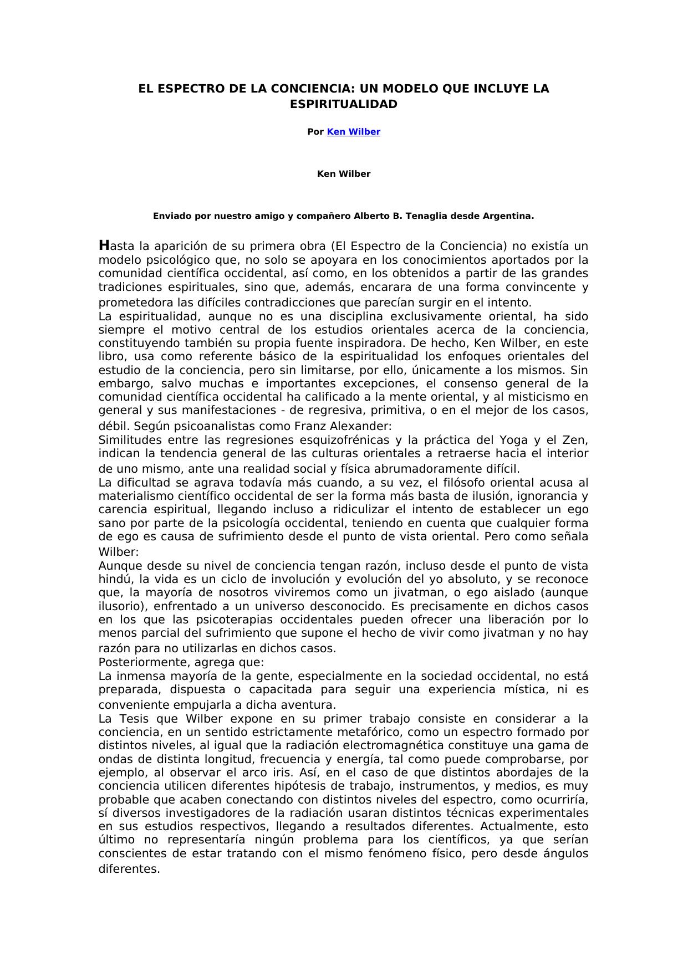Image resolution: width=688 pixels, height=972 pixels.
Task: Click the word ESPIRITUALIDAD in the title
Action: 344,104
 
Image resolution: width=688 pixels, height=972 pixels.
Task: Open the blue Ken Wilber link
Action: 353,132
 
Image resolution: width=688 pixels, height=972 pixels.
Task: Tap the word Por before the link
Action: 315,132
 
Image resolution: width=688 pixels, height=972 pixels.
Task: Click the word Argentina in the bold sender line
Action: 511,216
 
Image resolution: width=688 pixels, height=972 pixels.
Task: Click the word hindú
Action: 115,579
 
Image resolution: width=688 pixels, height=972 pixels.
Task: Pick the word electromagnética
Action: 414,745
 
